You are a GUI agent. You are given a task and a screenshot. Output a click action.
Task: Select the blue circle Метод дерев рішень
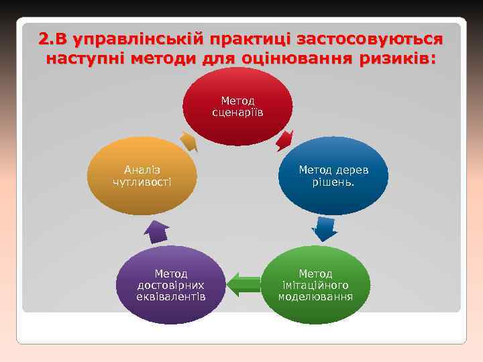pos(333,176)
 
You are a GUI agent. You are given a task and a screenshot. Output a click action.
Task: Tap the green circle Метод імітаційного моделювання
pos(315,285)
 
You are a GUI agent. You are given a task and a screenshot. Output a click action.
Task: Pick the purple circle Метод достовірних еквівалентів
pos(170,285)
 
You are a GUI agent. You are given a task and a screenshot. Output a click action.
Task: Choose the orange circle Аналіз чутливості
pos(142,176)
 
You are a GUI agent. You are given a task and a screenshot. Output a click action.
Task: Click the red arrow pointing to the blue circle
pos(284,140)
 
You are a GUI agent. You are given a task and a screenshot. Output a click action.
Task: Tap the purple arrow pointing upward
pos(158,231)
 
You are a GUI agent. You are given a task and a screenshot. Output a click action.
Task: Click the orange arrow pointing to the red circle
pos(189,141)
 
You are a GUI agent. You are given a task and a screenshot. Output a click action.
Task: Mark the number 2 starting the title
pos(44,38)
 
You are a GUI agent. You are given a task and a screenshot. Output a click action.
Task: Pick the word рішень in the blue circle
pos(333,182)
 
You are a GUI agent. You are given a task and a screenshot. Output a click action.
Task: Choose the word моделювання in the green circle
pos(315,297)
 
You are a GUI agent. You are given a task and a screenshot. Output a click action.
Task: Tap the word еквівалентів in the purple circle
pos(170,297)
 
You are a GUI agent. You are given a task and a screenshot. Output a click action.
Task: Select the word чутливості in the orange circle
pos(142,182)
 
